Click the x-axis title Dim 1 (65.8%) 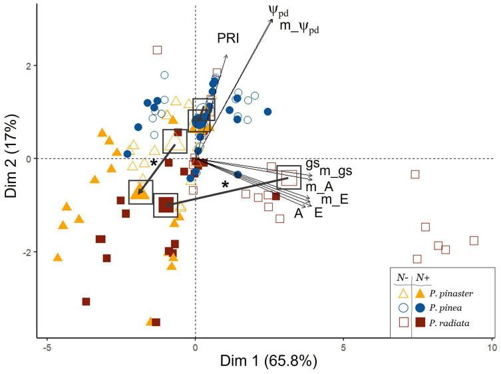tap(265, 361)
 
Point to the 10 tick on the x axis tap(492, 346)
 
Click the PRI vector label tap(228, 39)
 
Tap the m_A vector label tap(319, 186)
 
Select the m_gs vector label tap(337, 172)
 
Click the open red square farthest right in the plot tap(474, 240)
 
